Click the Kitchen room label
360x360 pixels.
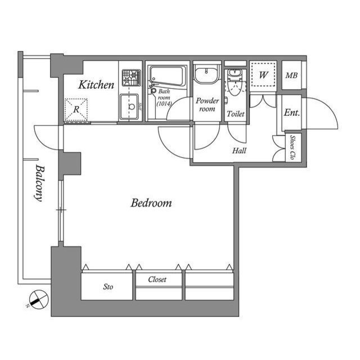96,85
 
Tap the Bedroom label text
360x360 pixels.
151,203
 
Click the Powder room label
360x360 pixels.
206,105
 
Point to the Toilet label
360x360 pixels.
235,114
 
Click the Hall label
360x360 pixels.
239,151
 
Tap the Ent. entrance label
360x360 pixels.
291,112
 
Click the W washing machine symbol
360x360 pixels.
263,75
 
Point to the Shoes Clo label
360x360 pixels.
293,148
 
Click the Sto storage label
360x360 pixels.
108,287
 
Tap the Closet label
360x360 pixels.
157,280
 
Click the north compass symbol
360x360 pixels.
38,298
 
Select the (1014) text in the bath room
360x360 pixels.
164,104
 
